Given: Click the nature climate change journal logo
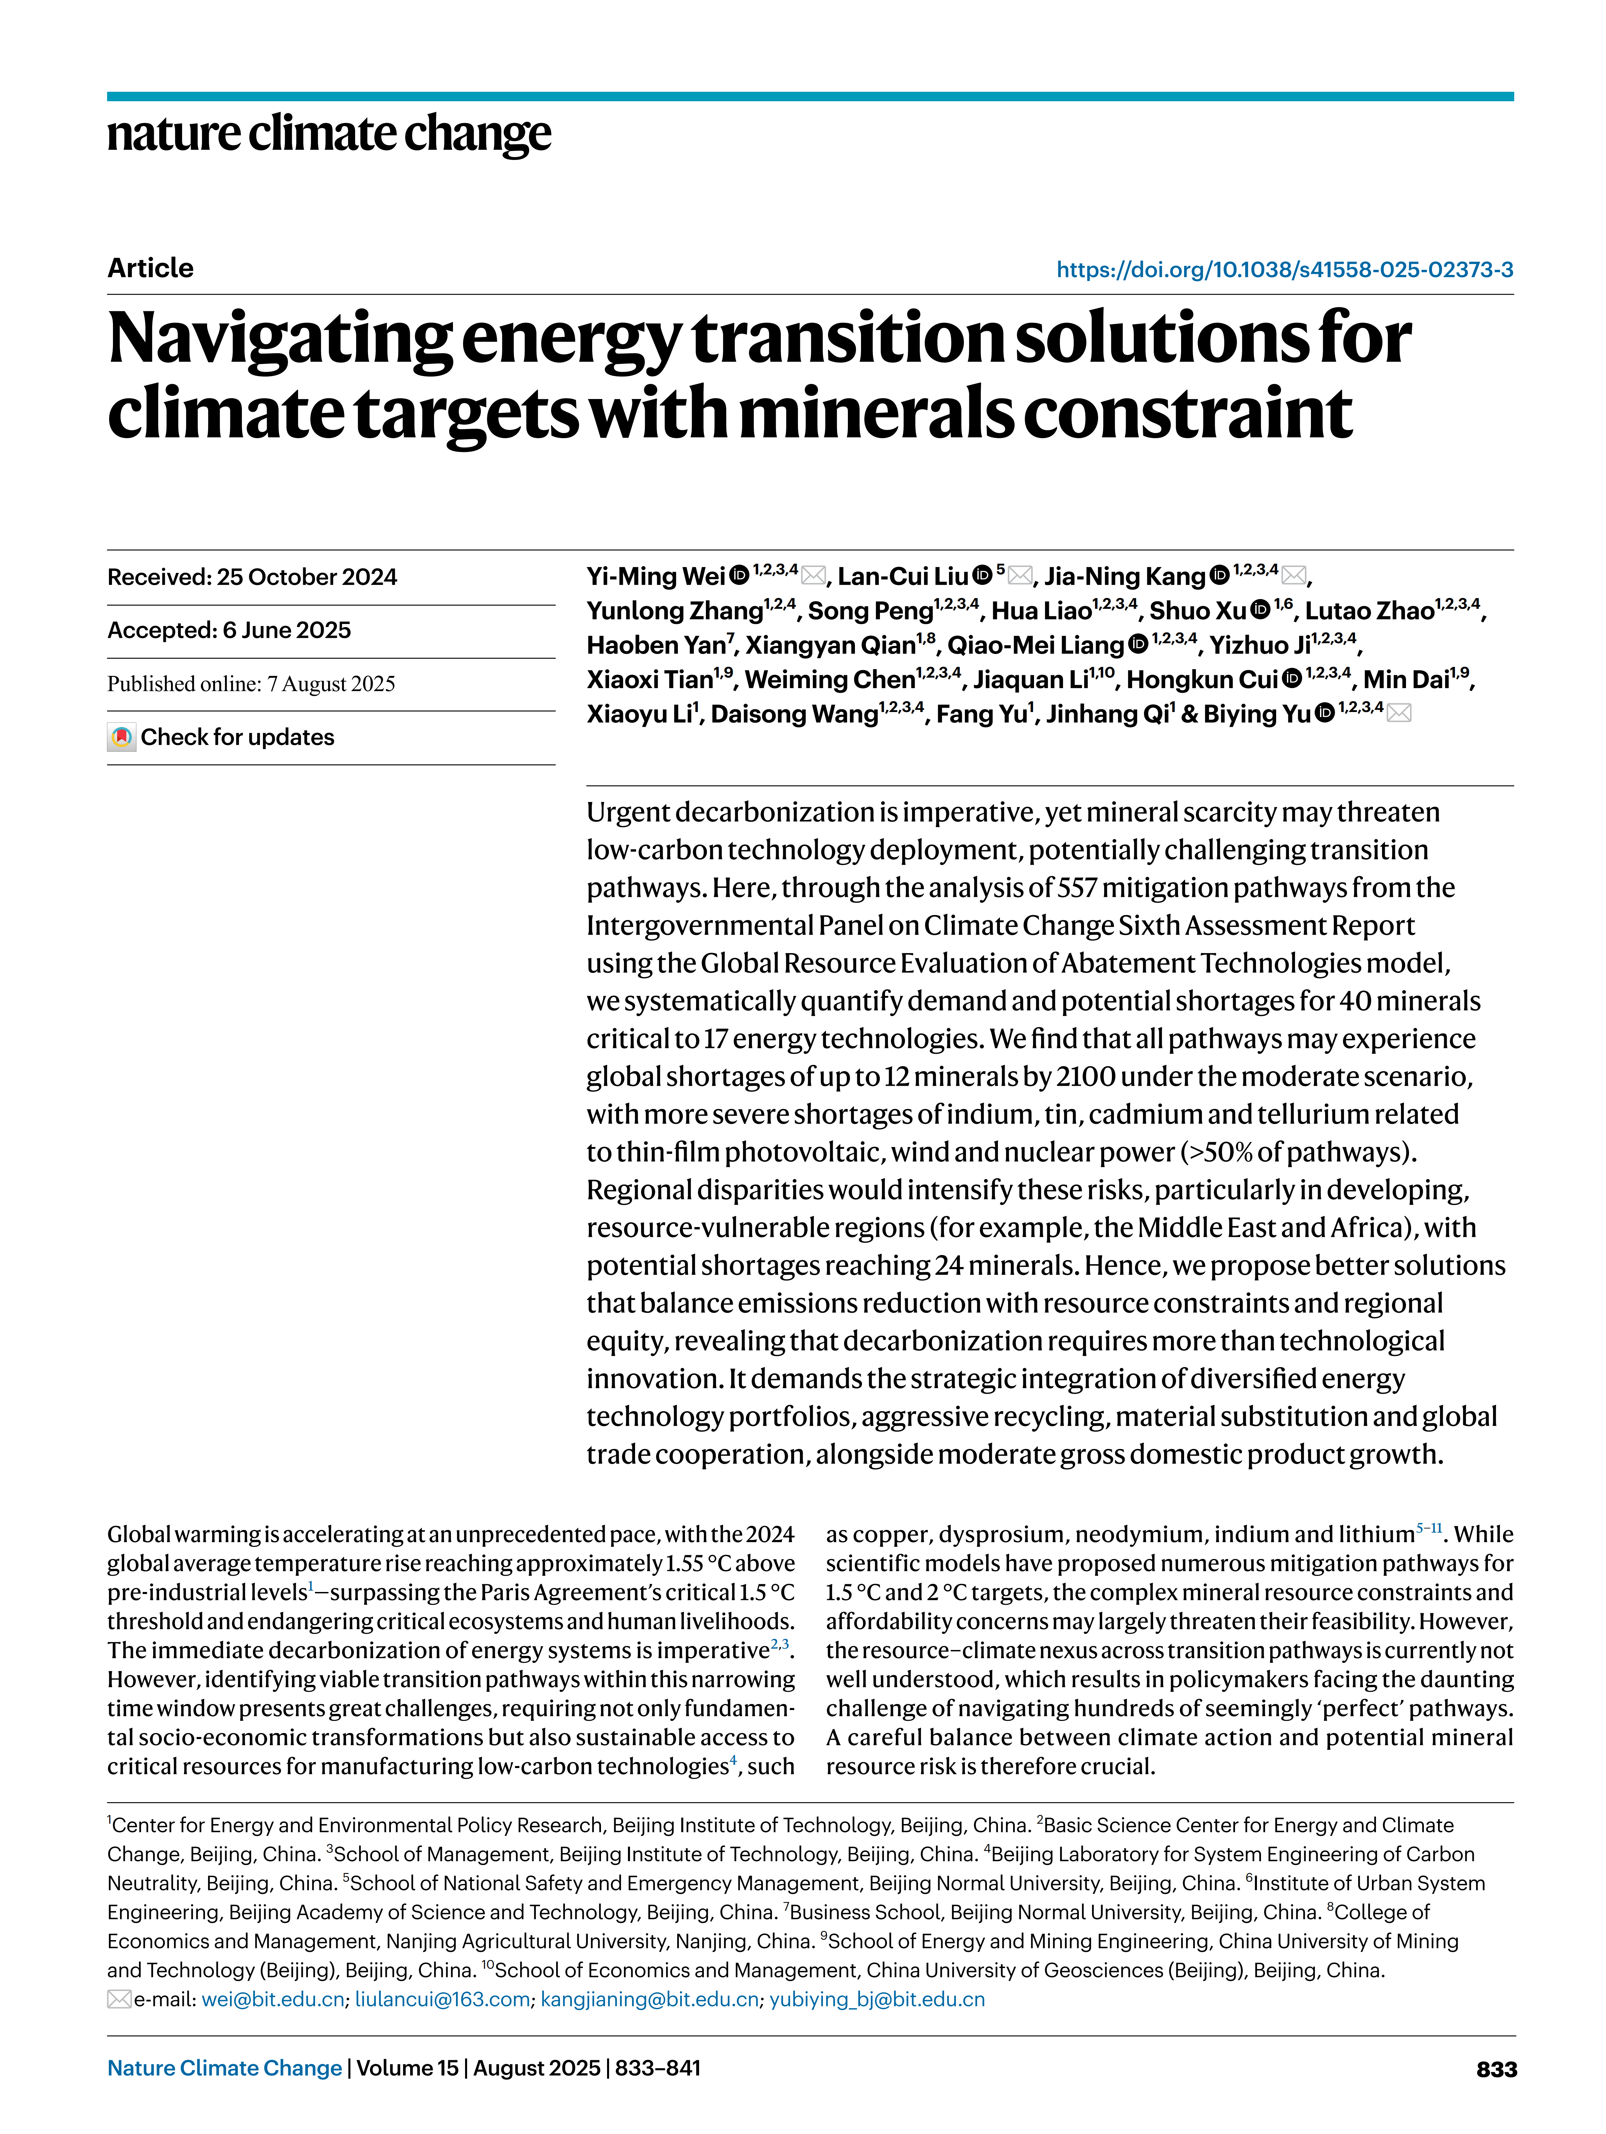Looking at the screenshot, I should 329,134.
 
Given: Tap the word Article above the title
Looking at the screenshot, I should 150,268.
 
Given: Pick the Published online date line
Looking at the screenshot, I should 251,684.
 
